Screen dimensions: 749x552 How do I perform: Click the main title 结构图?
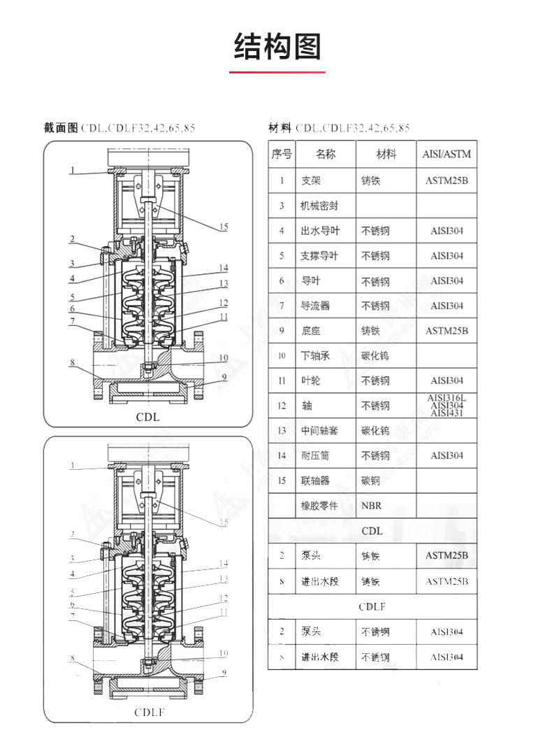[277, 46]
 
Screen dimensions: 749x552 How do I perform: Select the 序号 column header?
[282, 154]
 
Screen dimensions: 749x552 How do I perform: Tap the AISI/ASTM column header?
[446, 154]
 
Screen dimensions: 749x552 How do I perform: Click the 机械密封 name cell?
[320, 206]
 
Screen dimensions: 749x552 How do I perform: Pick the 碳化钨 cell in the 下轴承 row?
[375, 356]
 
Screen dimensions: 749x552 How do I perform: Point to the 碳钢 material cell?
[371, 480]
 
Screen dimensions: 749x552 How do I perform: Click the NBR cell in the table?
[371, 506]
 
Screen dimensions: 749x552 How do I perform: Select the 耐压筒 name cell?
[315, 456]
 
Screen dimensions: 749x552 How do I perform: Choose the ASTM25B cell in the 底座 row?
[446, 331]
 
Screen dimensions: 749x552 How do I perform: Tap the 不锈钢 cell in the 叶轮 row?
[375, 381]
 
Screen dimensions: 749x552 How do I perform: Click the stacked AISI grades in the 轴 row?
[446, 406]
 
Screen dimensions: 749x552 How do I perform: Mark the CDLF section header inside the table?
[372, 606]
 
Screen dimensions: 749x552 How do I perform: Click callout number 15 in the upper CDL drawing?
[224, 227]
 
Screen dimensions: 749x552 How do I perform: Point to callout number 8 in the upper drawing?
[72, 362]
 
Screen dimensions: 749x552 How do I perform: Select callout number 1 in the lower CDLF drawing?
[72, 465]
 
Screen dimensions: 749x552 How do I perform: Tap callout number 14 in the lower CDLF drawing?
[224, 563]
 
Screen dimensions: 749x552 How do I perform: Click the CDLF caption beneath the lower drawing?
[148, 713]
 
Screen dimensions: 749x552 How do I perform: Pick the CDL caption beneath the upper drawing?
[148, 417]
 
